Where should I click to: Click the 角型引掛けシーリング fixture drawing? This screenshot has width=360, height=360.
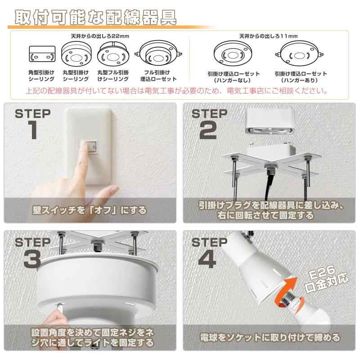(x=42, y=54)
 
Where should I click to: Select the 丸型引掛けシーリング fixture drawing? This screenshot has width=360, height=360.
(x=76, y=54)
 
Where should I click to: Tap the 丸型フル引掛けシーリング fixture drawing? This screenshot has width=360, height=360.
(x=113, y=54)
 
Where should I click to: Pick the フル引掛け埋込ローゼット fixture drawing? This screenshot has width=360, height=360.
(x=158, y=54)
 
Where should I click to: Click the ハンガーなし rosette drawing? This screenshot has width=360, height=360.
(x=233, y=54)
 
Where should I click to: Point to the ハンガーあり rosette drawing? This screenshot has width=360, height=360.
(x=299, y=54)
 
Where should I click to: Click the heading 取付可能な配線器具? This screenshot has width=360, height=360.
(x=95, y=17)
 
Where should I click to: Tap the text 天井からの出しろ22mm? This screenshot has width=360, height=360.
(x=100, y=36)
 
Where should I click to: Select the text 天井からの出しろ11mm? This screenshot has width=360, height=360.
(x=268, y=36)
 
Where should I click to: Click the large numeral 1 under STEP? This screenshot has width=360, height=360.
(x=33, y=130)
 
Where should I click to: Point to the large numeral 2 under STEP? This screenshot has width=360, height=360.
(x=208, y=130)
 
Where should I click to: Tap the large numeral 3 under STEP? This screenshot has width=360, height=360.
(x=32, y=259)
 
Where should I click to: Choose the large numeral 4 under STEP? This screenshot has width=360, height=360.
(x=207, y=259)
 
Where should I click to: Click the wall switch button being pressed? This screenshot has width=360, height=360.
(x=89, y=147)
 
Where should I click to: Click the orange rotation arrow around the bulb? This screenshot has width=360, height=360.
(x=288, y=293)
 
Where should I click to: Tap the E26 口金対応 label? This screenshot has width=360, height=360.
(x=326, y=279)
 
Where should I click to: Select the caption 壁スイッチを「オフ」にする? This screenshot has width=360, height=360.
(x=89, y=210)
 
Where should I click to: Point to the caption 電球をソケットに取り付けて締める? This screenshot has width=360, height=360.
(x=270, y=337)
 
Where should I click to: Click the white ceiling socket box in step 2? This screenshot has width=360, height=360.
(x=270, y=121)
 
